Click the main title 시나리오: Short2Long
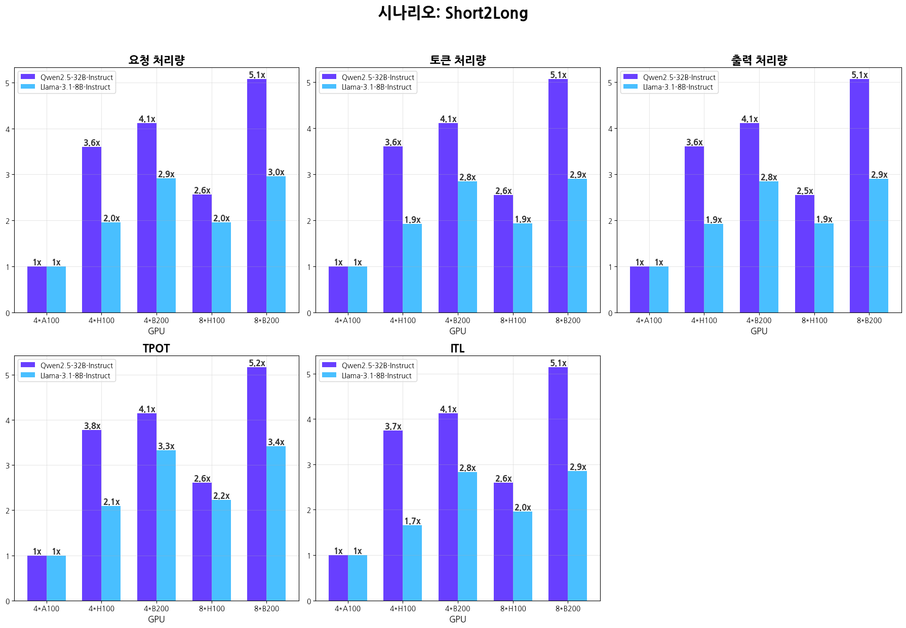453,13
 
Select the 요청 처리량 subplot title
156,60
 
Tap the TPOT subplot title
156,348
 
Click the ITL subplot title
457,348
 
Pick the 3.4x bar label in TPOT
276,442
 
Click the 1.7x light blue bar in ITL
412,562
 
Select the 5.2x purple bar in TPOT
257,484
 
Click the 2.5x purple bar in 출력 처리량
804,253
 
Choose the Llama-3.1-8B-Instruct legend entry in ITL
376,376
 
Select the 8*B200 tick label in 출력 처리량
869,321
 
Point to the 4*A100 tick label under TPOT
46,609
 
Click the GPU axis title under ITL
457,619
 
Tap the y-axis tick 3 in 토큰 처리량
309,175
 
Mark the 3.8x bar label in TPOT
92,426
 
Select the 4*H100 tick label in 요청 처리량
101,321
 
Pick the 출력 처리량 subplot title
759,60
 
